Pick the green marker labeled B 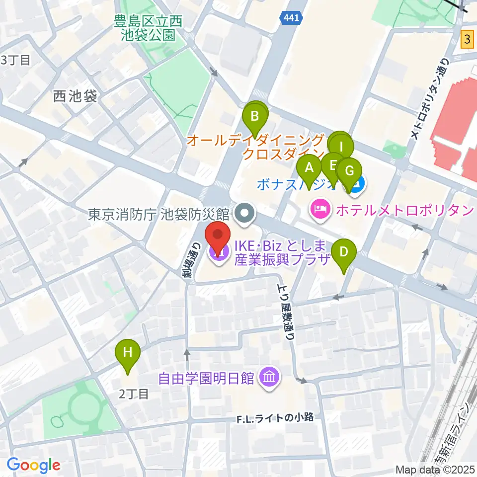point(255,118)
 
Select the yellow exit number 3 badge point(467,39)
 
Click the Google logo point(33,465)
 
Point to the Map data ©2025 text point(435,470)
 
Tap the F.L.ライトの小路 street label point(275,418)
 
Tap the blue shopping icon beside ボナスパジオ point(357,185)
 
